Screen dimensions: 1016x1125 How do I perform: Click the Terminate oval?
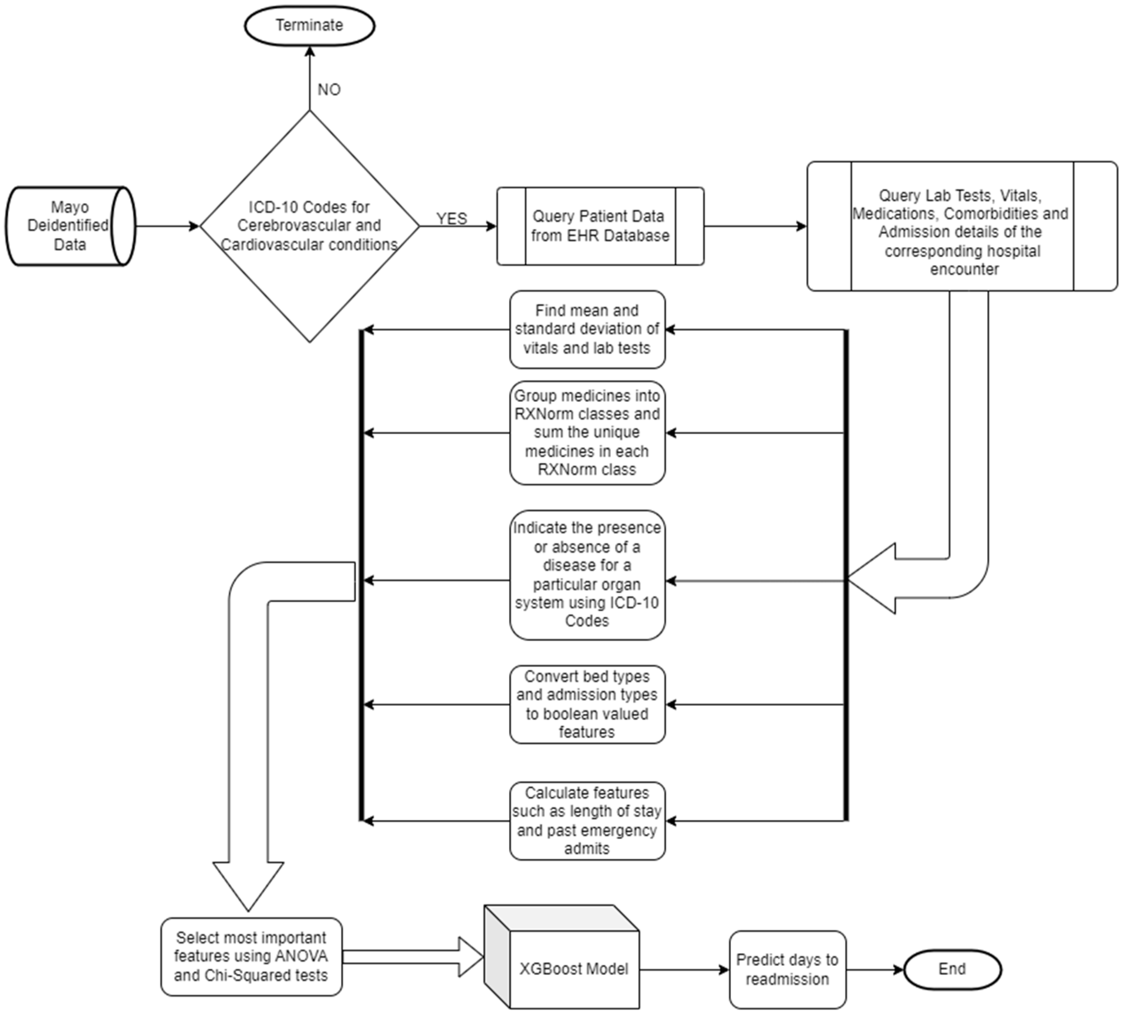point(309,26)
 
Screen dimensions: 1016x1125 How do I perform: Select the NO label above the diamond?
point(329,89)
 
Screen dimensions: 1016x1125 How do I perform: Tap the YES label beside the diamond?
point(452,218)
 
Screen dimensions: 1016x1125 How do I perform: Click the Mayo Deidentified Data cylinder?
point(70,226)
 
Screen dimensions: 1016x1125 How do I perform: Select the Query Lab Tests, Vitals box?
point(962,227)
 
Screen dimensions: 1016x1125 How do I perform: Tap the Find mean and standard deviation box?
point(587,329)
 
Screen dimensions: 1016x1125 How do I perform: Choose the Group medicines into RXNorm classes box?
point(587,433)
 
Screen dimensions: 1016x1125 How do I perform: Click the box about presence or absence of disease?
point(587,575)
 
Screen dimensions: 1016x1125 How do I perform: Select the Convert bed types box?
point(587,704)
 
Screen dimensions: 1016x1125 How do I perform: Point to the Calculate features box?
point(587,821)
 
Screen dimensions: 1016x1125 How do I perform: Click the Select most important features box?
point(251,957)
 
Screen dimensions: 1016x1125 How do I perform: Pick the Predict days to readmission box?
point(787,970)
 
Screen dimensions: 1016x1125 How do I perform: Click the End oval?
point(952,970)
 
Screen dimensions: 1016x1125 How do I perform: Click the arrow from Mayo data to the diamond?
point(168,226)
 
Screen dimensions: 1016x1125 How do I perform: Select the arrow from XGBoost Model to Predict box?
point(684,970)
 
